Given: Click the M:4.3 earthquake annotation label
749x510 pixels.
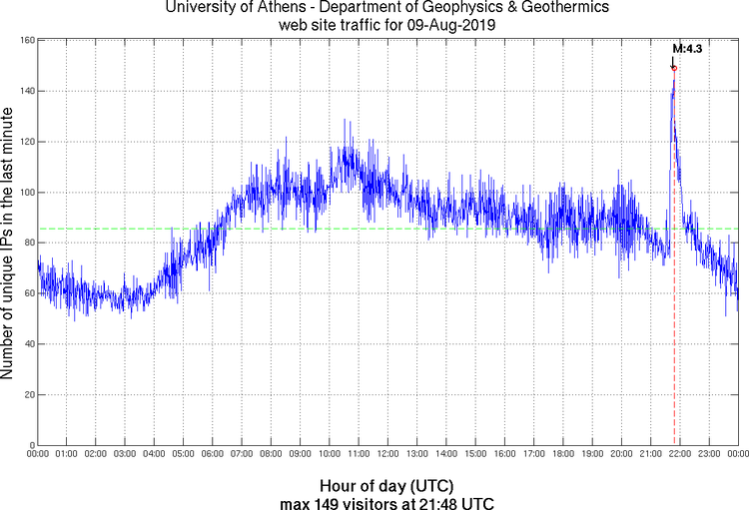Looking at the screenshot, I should point(687,47).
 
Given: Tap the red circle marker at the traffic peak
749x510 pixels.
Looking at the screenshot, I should point(674,68).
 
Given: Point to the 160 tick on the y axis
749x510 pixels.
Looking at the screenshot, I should point(28,41).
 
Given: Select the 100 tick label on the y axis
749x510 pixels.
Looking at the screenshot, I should point(28,193).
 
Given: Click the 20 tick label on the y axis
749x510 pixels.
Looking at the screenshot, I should point(30,395).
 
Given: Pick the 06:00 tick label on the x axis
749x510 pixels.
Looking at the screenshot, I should point(213,454).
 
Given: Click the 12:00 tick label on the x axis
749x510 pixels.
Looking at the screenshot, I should point(387,454).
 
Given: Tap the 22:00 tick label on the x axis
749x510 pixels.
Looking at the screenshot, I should point(679,454).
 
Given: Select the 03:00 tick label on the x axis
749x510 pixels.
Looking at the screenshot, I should point(125,454).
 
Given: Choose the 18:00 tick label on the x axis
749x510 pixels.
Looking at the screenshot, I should point(562,454).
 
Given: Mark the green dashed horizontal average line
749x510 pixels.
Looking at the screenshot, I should point(300,229).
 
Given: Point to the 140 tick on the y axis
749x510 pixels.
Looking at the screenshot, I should point(28,91).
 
